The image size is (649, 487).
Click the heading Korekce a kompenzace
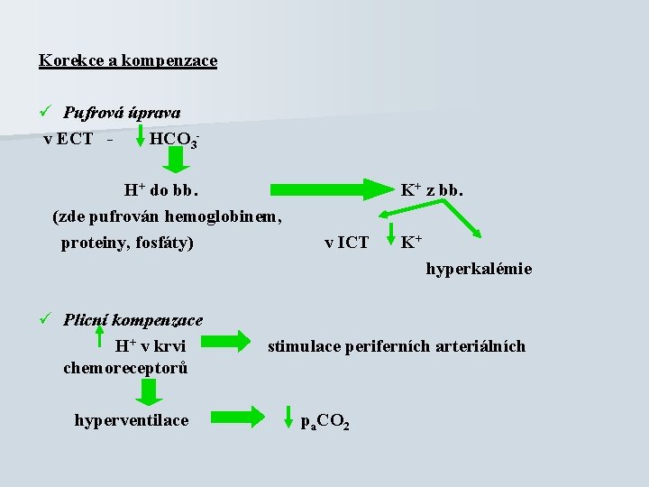click(x=128, y=60)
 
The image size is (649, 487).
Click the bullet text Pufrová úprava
click(x=122, y=113)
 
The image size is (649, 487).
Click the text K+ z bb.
click(x=432, y=190)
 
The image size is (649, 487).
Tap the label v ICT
click(x=346, y=243)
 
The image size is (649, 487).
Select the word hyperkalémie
click(x=479, y=269)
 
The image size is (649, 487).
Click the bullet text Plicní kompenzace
click(x=133, y=319)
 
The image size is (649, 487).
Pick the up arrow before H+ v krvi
click(x=101, y=340)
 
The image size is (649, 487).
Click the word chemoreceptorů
click(x=125, y=367)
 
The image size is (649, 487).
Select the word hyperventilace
click(x=132, y=419)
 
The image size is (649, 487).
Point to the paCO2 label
click(x=325, y=423)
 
